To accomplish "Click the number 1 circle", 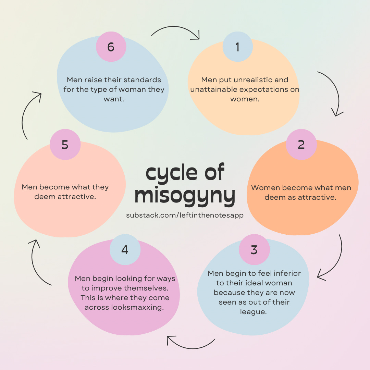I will click(x=237, y=47).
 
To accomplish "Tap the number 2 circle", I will click(x=301, y=145).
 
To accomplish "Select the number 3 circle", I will click(x=254, y=250).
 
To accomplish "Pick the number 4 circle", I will click(x=125, y=250).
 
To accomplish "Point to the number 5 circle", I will click(x=65, y=145).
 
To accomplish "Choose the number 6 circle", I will click(x=111, y=47).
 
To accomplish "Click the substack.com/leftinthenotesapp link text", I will click(x=185, y=215).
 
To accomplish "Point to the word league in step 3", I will click(x=253, y=312).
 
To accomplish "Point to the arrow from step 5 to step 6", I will click(x=29, y=113).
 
